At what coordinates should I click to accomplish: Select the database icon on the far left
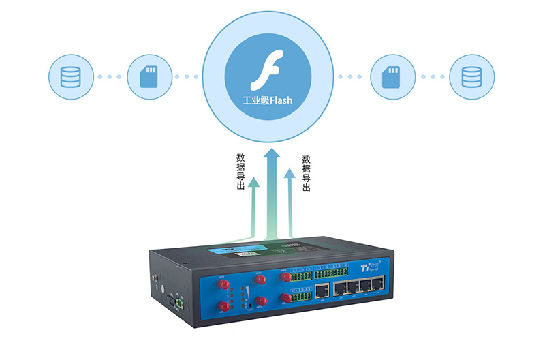(x=71, y=76)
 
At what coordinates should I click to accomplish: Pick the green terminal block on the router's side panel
(x=180, y=299)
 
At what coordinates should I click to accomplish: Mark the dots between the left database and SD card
(x=110, y=76)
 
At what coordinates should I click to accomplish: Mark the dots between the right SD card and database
(x=430, y=76)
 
